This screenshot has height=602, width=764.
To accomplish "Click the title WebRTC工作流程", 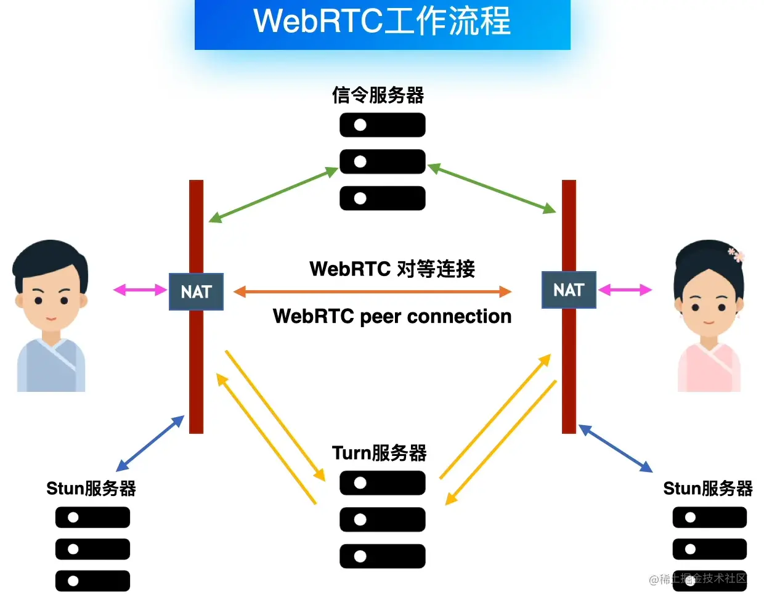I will (x=382, y=21).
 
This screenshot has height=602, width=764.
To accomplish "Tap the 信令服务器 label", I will (x=378, y=96).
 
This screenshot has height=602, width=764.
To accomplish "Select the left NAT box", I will (x=196, y=291).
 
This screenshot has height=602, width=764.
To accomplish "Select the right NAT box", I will (x=569, y=290).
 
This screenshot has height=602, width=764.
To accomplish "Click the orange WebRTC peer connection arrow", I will (x=373, y=291).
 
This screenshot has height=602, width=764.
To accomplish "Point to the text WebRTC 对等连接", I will (x=392, y=269).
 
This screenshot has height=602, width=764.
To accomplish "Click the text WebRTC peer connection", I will (x=392, y=316).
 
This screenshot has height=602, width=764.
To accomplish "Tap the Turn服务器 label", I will (x=379, y=453).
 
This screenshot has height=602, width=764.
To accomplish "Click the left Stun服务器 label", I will (x=91, y=488).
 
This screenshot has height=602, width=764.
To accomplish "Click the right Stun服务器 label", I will (x=708, y=488).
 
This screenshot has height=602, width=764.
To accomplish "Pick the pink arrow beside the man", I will (x=140, y=290).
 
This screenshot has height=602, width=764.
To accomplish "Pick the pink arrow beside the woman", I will (x=625, y=290).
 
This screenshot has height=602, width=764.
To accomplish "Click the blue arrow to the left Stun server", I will (x=150, y=443).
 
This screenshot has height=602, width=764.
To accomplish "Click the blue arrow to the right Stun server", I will (x=615, y=449).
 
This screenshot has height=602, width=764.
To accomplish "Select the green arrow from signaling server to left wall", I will (x=273, y=194).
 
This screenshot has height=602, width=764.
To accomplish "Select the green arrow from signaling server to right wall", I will (x=492, y=189).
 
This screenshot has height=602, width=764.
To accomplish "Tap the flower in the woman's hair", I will (x=736, y=254).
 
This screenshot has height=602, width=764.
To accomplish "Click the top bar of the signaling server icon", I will (x=382, y=125).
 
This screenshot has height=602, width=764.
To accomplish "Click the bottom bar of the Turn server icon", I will (x=382, y=556).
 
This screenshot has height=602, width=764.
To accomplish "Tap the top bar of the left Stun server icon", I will (x=92, y=518).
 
